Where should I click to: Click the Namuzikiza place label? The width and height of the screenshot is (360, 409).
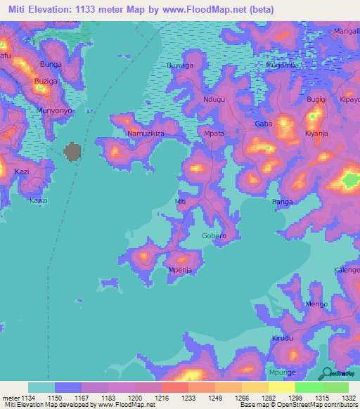146,133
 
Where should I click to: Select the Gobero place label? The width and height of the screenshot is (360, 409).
214,235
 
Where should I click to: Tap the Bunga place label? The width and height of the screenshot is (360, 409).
51,64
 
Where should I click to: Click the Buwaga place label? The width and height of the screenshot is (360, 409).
179,65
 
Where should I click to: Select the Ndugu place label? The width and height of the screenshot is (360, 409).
214,100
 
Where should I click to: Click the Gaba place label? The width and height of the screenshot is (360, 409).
263,124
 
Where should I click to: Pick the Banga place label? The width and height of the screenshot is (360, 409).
282,202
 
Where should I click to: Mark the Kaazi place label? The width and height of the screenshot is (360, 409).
38,200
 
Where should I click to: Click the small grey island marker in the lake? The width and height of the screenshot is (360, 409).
72,151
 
